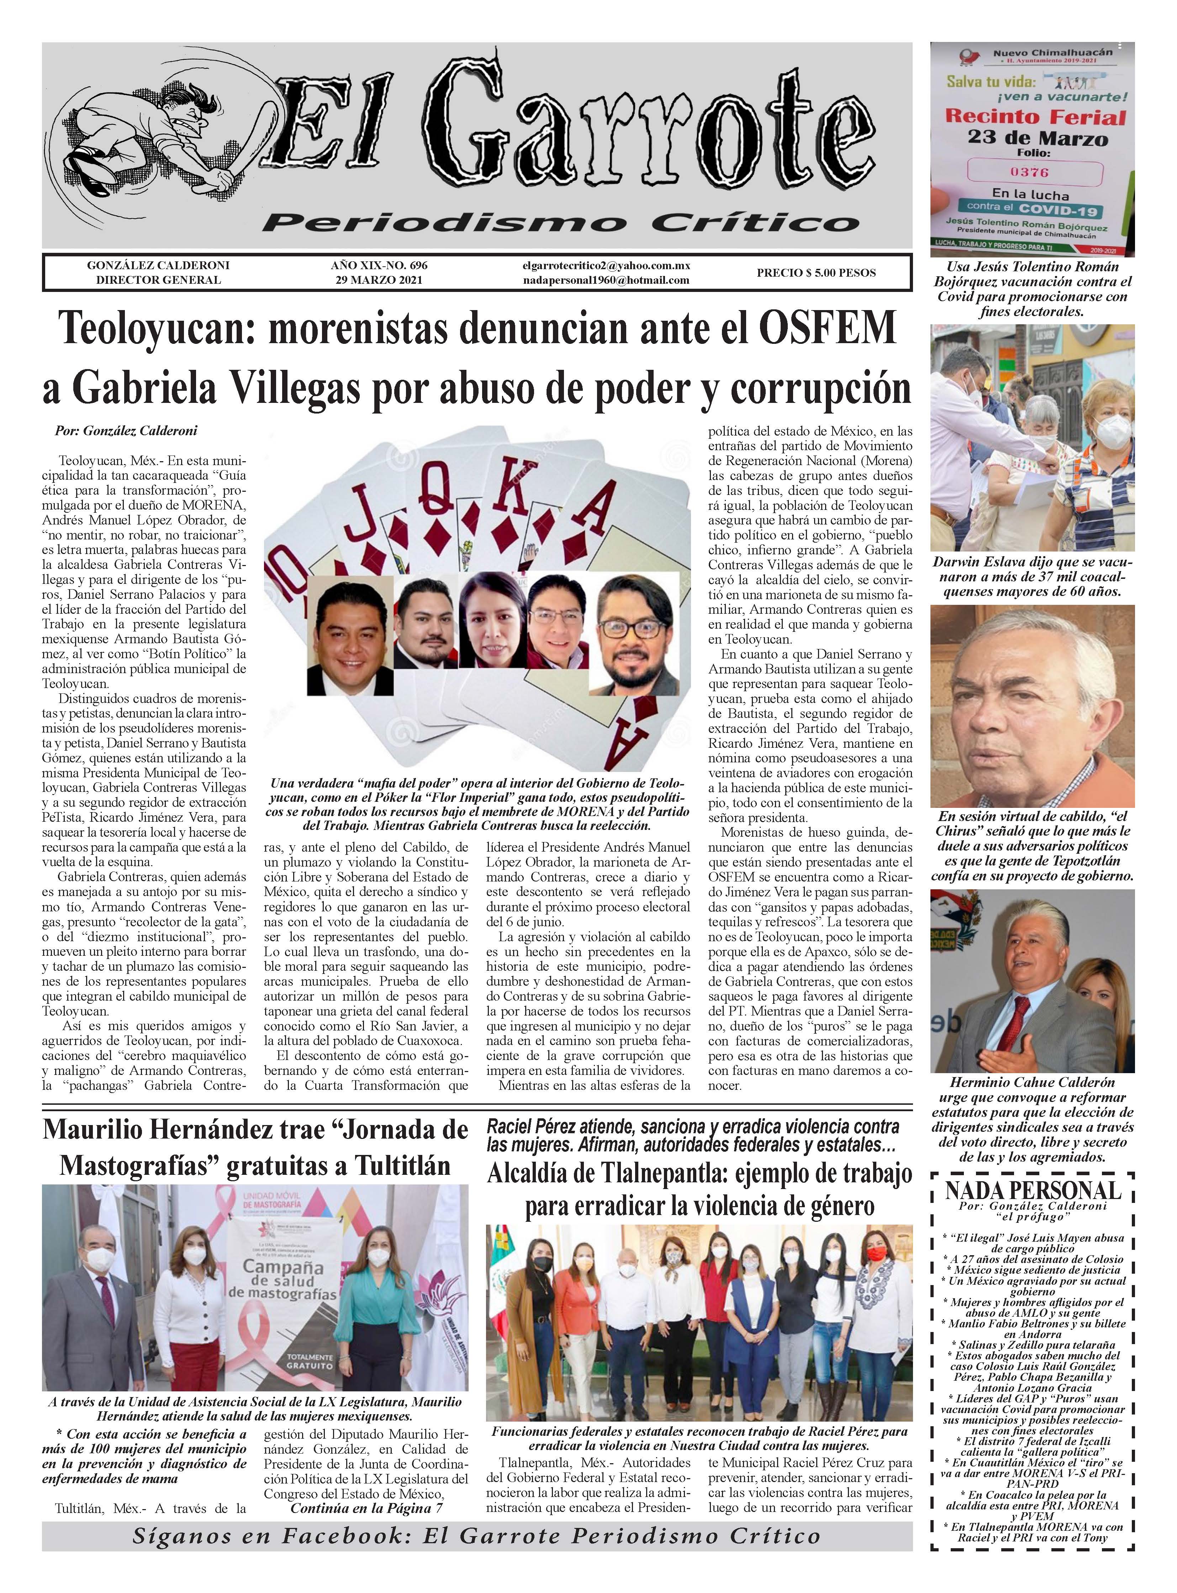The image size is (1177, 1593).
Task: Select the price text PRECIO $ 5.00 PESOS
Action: [x=816, y=273]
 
